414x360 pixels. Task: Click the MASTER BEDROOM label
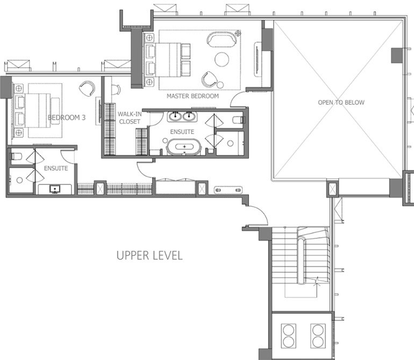[192, 96]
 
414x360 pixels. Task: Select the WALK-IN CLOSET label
[129, 118]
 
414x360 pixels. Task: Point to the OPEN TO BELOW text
[341, 102]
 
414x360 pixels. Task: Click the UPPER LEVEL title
[149, 255]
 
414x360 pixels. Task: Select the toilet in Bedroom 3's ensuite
[16, 157]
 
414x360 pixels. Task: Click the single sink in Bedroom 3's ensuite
[55, 189]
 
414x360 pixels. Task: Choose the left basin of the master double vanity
[175, 117]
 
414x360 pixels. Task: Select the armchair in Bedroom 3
[87, 88]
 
